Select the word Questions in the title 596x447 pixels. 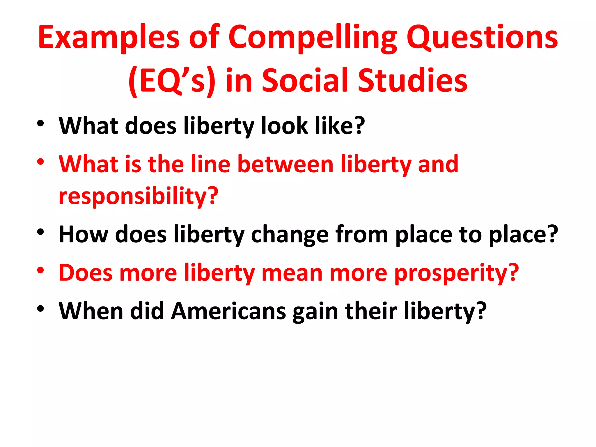click(482, 38)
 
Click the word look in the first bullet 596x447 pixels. click(284, 126)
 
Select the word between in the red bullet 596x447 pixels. click(285, 164)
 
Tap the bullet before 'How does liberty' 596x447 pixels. click(40, 232)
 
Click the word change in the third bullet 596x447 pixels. click(290, 235)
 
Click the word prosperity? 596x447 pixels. click(457, 274)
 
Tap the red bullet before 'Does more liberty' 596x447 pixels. click(40, 270)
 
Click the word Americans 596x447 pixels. click(228, 311)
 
